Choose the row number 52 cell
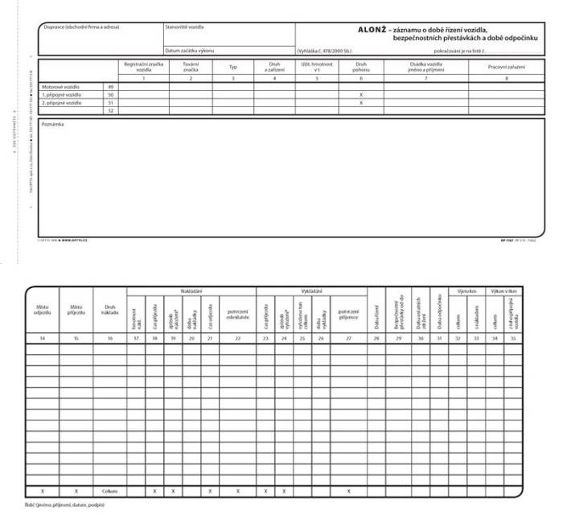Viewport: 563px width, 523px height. pyautogui.click(x=110, y=111)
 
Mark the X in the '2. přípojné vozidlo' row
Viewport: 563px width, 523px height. pyautogui.click(x=361, y=103)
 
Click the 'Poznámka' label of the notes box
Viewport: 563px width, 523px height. pyautogui.click(x=52, y=124)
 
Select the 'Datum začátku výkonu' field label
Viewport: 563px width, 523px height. pyautogui.click(x=191, y=51)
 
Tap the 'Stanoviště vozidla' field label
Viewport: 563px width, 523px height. pyautogui.click(x=184, y=27)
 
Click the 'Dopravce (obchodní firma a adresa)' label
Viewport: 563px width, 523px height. pyautogui.click(x=81, y=27)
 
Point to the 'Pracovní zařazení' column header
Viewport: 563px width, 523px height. pyautogui.click(x=505, y=67)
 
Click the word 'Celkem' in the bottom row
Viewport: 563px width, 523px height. pyautogui.click(x=110, y=490)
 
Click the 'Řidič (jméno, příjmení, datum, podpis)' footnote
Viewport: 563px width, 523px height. pyautogui.click(x=65, y=505)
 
